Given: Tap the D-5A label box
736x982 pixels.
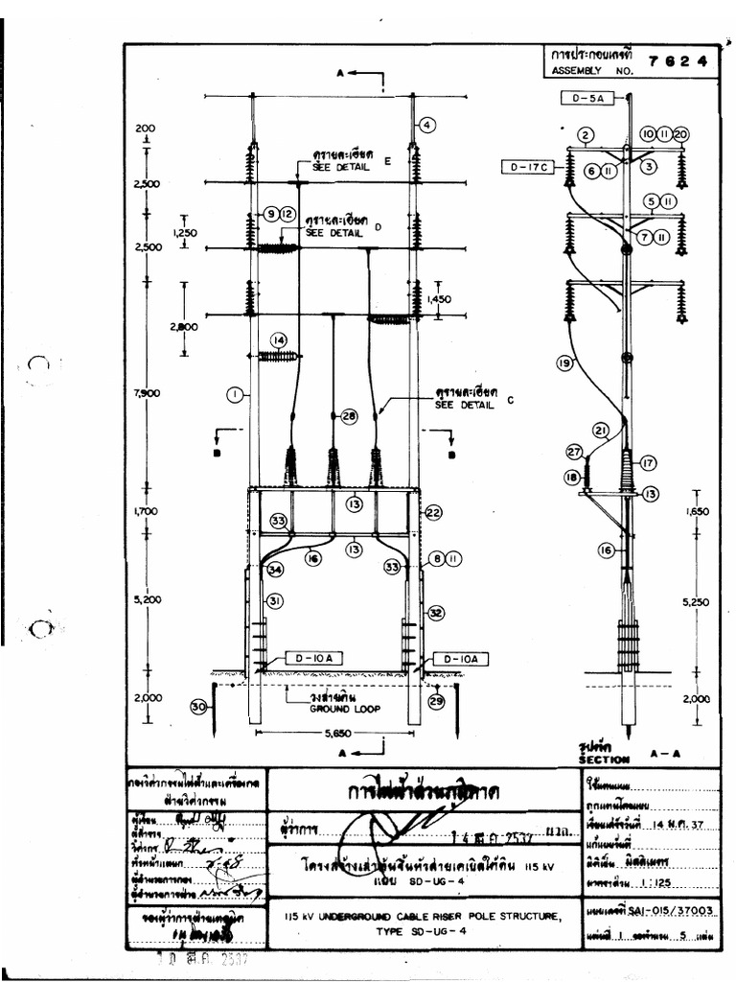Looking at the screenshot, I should (x=582, y=97).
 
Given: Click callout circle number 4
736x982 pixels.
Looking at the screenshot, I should (x=426, y=124).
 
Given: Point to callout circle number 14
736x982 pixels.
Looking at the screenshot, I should (x=278, y=339).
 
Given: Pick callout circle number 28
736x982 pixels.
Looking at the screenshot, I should (x=348, y=415).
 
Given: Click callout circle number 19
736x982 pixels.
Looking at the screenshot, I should (x=564, y=362).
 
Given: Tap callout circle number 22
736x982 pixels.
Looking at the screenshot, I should (x=433, y=513).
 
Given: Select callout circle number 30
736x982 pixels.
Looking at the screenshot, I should (x=199, y=707).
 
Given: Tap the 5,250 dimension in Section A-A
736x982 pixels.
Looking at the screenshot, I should (x=697, y=601).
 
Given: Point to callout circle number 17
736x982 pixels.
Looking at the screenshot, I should (x=648, y=462).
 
